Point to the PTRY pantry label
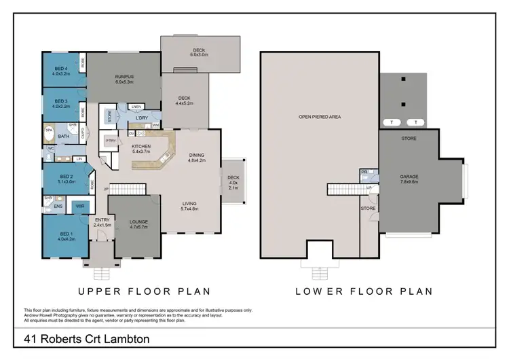[x=111, y=141]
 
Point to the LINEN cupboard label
[x=136, y=107]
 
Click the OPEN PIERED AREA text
[x=319, y=117]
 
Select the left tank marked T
[x=392, y=122]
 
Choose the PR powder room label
[x=364, y=173]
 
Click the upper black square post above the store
[x=404, y=79]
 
